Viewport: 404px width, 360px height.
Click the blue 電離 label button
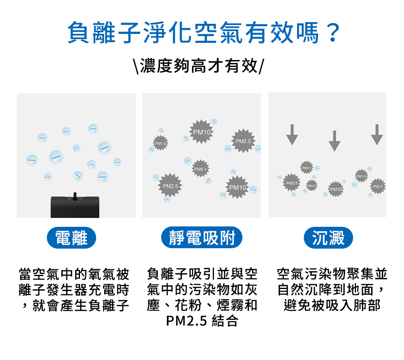72,238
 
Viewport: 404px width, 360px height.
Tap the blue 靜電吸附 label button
202,238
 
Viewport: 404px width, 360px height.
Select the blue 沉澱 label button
328,238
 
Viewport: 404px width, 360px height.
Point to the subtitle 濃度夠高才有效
199,65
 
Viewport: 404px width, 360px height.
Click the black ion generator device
75,207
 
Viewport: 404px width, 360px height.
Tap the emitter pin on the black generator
75,195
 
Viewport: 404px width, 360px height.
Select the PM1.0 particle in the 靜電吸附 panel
161,143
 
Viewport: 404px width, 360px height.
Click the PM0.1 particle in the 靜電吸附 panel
200,168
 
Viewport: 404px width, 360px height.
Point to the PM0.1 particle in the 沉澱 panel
307,167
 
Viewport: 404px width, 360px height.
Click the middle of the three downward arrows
334,140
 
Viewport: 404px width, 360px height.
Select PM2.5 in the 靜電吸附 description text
187,321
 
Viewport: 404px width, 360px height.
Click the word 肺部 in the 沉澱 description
368,305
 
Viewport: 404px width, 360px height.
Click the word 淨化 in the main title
160,33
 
